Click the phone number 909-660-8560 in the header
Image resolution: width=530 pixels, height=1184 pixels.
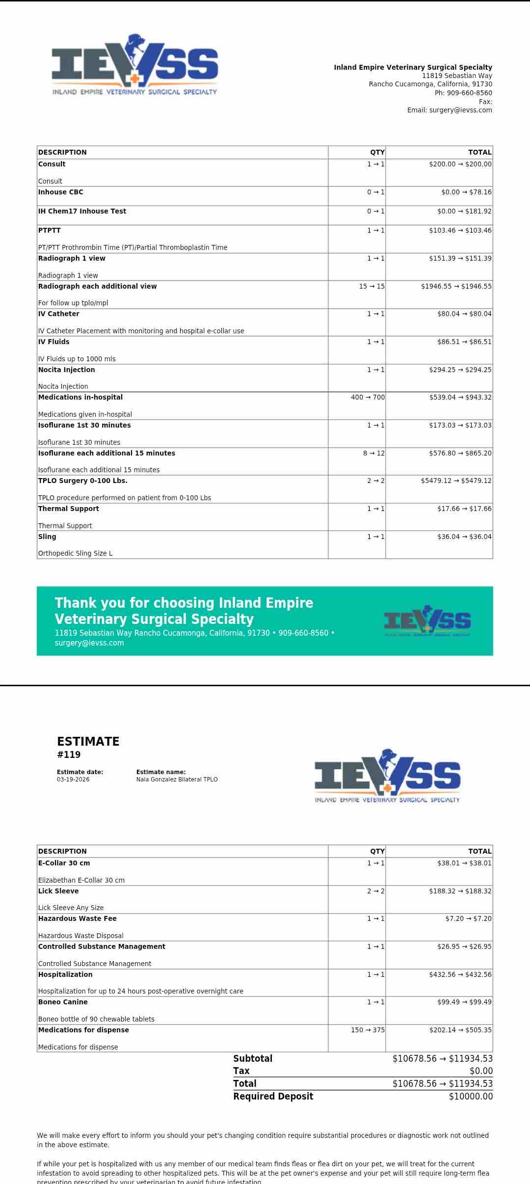(469, 93)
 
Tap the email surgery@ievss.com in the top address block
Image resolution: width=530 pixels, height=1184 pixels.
(460, 110)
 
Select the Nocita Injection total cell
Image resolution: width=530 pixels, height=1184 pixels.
(460, 370)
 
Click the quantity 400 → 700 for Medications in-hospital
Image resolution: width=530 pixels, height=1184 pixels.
(368, 397)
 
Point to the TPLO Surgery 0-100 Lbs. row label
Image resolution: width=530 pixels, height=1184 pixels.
(83, 481)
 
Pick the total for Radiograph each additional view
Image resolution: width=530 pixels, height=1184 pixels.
(456, 286)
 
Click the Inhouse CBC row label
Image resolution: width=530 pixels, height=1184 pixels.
(61, 192)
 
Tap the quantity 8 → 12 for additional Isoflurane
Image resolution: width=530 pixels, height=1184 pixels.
(373, 453)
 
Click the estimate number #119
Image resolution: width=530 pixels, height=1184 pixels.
(69, 754)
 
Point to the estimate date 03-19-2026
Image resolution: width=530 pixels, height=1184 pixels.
(73, 779)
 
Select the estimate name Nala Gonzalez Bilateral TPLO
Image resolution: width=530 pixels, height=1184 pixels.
(177, 779)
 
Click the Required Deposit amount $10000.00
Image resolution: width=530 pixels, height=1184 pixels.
(470, 1096)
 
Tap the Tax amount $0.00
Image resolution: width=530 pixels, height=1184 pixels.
(480, 1071)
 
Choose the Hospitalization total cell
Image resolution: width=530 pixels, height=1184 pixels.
(460, 974)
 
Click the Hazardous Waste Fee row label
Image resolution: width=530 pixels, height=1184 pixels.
(78, 918)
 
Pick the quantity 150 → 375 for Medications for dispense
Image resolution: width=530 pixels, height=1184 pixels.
(368, 1030)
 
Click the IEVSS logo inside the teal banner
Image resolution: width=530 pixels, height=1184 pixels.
(427, 621)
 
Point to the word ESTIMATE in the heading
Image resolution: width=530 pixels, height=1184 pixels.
(88, 741)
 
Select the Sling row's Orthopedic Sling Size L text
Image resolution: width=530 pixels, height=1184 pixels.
(76, 553)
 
